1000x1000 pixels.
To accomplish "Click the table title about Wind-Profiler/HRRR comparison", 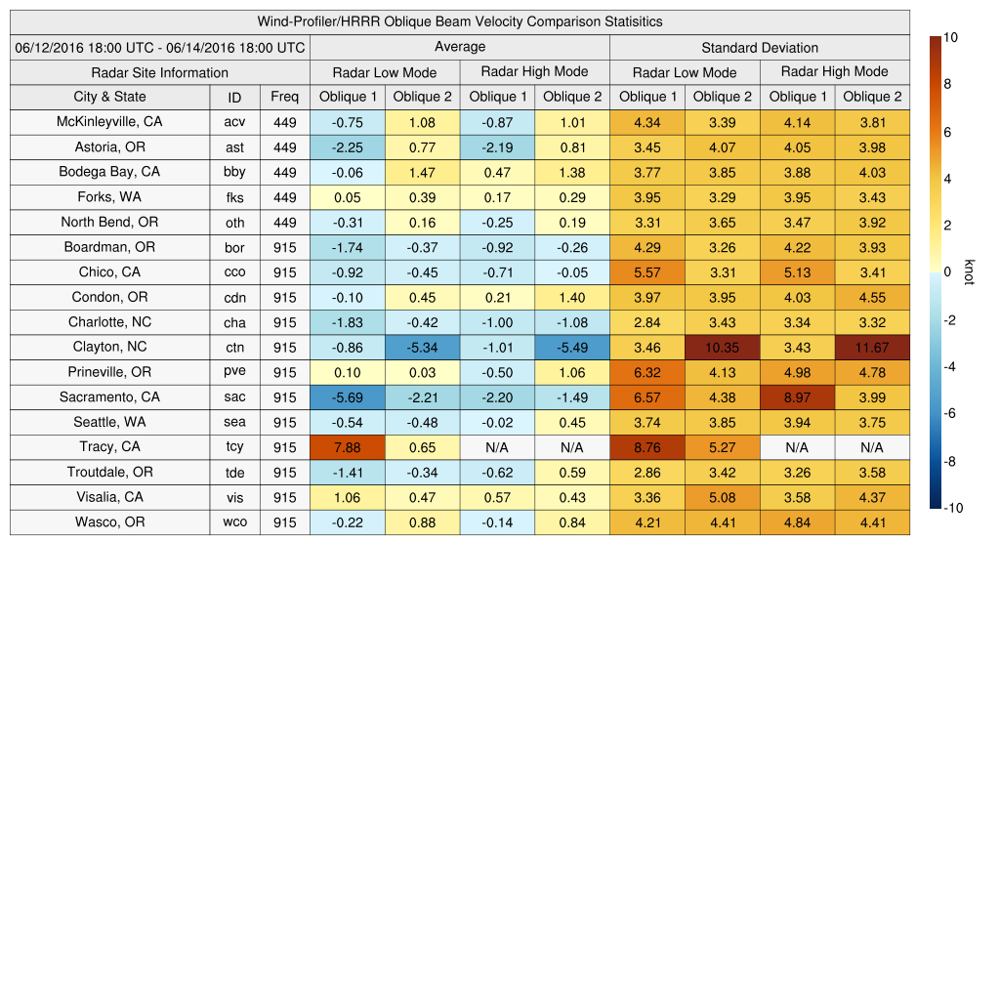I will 460,21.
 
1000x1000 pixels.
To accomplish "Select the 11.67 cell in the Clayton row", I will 872,348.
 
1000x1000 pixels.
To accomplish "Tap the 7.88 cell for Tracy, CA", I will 347,447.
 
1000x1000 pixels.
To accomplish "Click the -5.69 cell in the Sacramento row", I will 347,397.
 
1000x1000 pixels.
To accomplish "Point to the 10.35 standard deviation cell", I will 722,348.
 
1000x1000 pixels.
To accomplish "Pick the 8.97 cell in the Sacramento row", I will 797,397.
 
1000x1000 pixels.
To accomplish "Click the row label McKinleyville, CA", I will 109,122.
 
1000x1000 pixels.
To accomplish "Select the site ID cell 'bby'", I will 234,172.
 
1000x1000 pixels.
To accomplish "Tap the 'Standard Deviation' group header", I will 760,47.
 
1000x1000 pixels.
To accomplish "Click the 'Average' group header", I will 459,47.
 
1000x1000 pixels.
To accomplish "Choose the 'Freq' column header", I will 285,97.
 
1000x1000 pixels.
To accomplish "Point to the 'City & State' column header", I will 109,97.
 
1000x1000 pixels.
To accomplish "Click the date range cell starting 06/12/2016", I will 160,47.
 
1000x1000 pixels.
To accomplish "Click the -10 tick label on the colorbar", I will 953,508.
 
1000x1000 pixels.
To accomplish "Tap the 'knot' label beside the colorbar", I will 969,272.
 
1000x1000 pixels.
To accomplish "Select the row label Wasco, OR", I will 109,522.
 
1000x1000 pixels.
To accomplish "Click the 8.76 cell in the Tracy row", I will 646,447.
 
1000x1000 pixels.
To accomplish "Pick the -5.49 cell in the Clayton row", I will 572,348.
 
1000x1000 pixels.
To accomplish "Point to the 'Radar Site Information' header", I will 160,72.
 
